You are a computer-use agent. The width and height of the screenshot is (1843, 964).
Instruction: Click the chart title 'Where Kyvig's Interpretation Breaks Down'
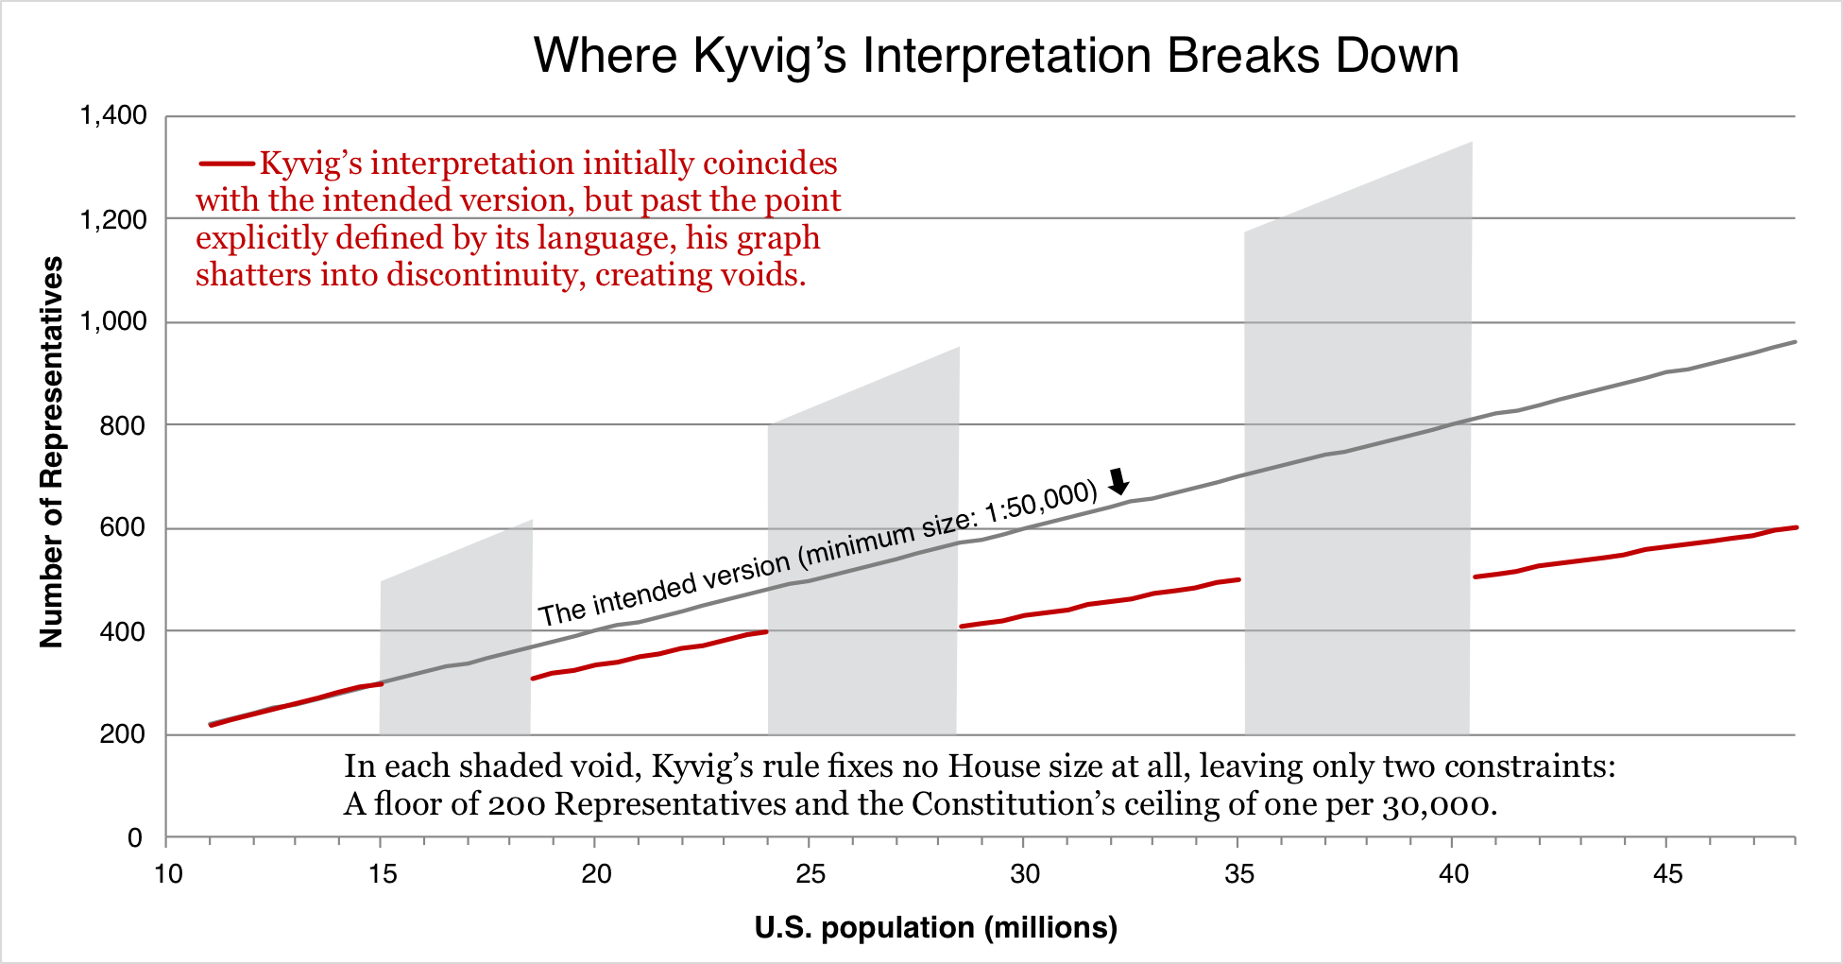(x=997, y=56)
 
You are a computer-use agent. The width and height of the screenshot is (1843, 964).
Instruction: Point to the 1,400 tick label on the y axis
(x=113, y=116)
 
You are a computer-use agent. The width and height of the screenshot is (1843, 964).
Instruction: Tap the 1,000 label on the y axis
(x=113, y=322)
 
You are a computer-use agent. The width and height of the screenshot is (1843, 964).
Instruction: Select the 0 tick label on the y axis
(x=135, y=838)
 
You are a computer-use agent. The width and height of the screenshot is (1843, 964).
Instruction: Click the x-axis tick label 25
(x=810, y=874)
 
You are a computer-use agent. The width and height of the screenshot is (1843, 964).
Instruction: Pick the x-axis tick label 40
(x=1454, y=874)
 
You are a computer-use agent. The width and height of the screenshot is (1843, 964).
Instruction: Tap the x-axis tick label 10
(x=167, y=874)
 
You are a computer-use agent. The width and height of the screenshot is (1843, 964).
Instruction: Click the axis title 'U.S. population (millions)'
(x=936, y=928)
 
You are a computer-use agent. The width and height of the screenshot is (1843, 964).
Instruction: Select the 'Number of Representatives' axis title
(x=51, y=452)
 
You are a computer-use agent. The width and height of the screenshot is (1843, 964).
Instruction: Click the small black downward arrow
(x=1118, y=481)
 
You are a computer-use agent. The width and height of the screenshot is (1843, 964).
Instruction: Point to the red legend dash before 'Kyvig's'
(x=227, y=164)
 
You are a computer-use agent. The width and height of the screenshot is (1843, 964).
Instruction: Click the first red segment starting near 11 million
(x=295, y=704)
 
